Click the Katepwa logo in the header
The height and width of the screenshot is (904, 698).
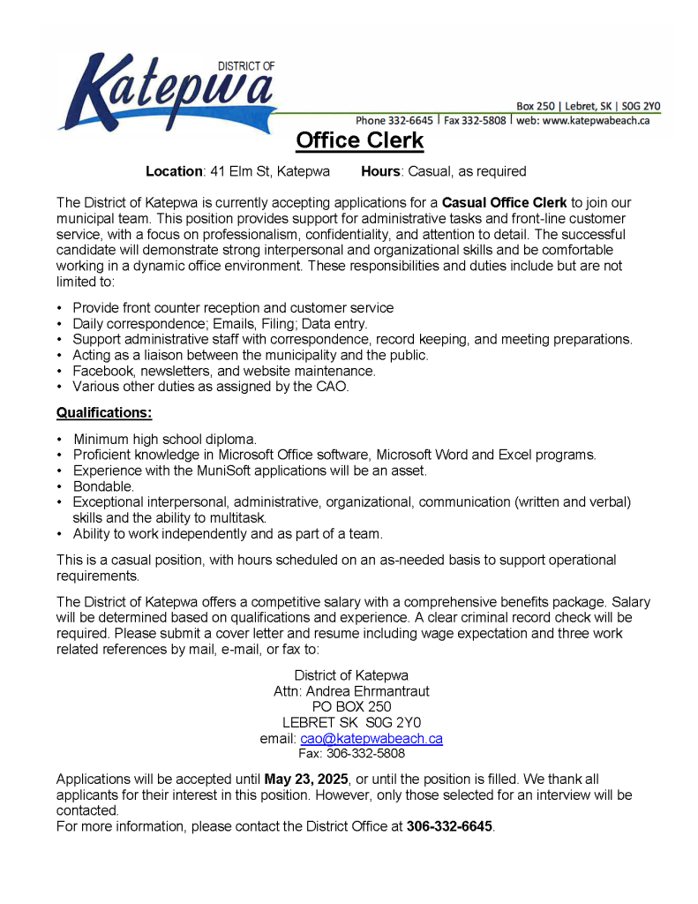(168, 90)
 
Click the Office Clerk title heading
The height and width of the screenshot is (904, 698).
(359, 140)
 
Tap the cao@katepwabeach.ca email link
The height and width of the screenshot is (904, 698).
(371, 738)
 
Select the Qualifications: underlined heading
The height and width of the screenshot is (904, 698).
(104, 412)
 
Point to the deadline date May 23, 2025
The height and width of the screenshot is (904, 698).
(306, 780)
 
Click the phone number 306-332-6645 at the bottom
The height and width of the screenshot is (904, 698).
(449, 826)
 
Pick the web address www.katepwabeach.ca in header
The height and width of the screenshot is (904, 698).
(596, 120)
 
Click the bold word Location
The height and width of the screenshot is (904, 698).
(175, 171)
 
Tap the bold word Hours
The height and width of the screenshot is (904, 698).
(380, 171)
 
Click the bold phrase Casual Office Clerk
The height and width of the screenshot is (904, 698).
(504, 202)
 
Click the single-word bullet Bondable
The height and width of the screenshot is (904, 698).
(103, 486)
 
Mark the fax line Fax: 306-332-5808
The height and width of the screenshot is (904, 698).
(351, 754)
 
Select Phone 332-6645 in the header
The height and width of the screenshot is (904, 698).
(394, 120)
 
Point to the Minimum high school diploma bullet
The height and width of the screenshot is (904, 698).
(165, 439)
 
